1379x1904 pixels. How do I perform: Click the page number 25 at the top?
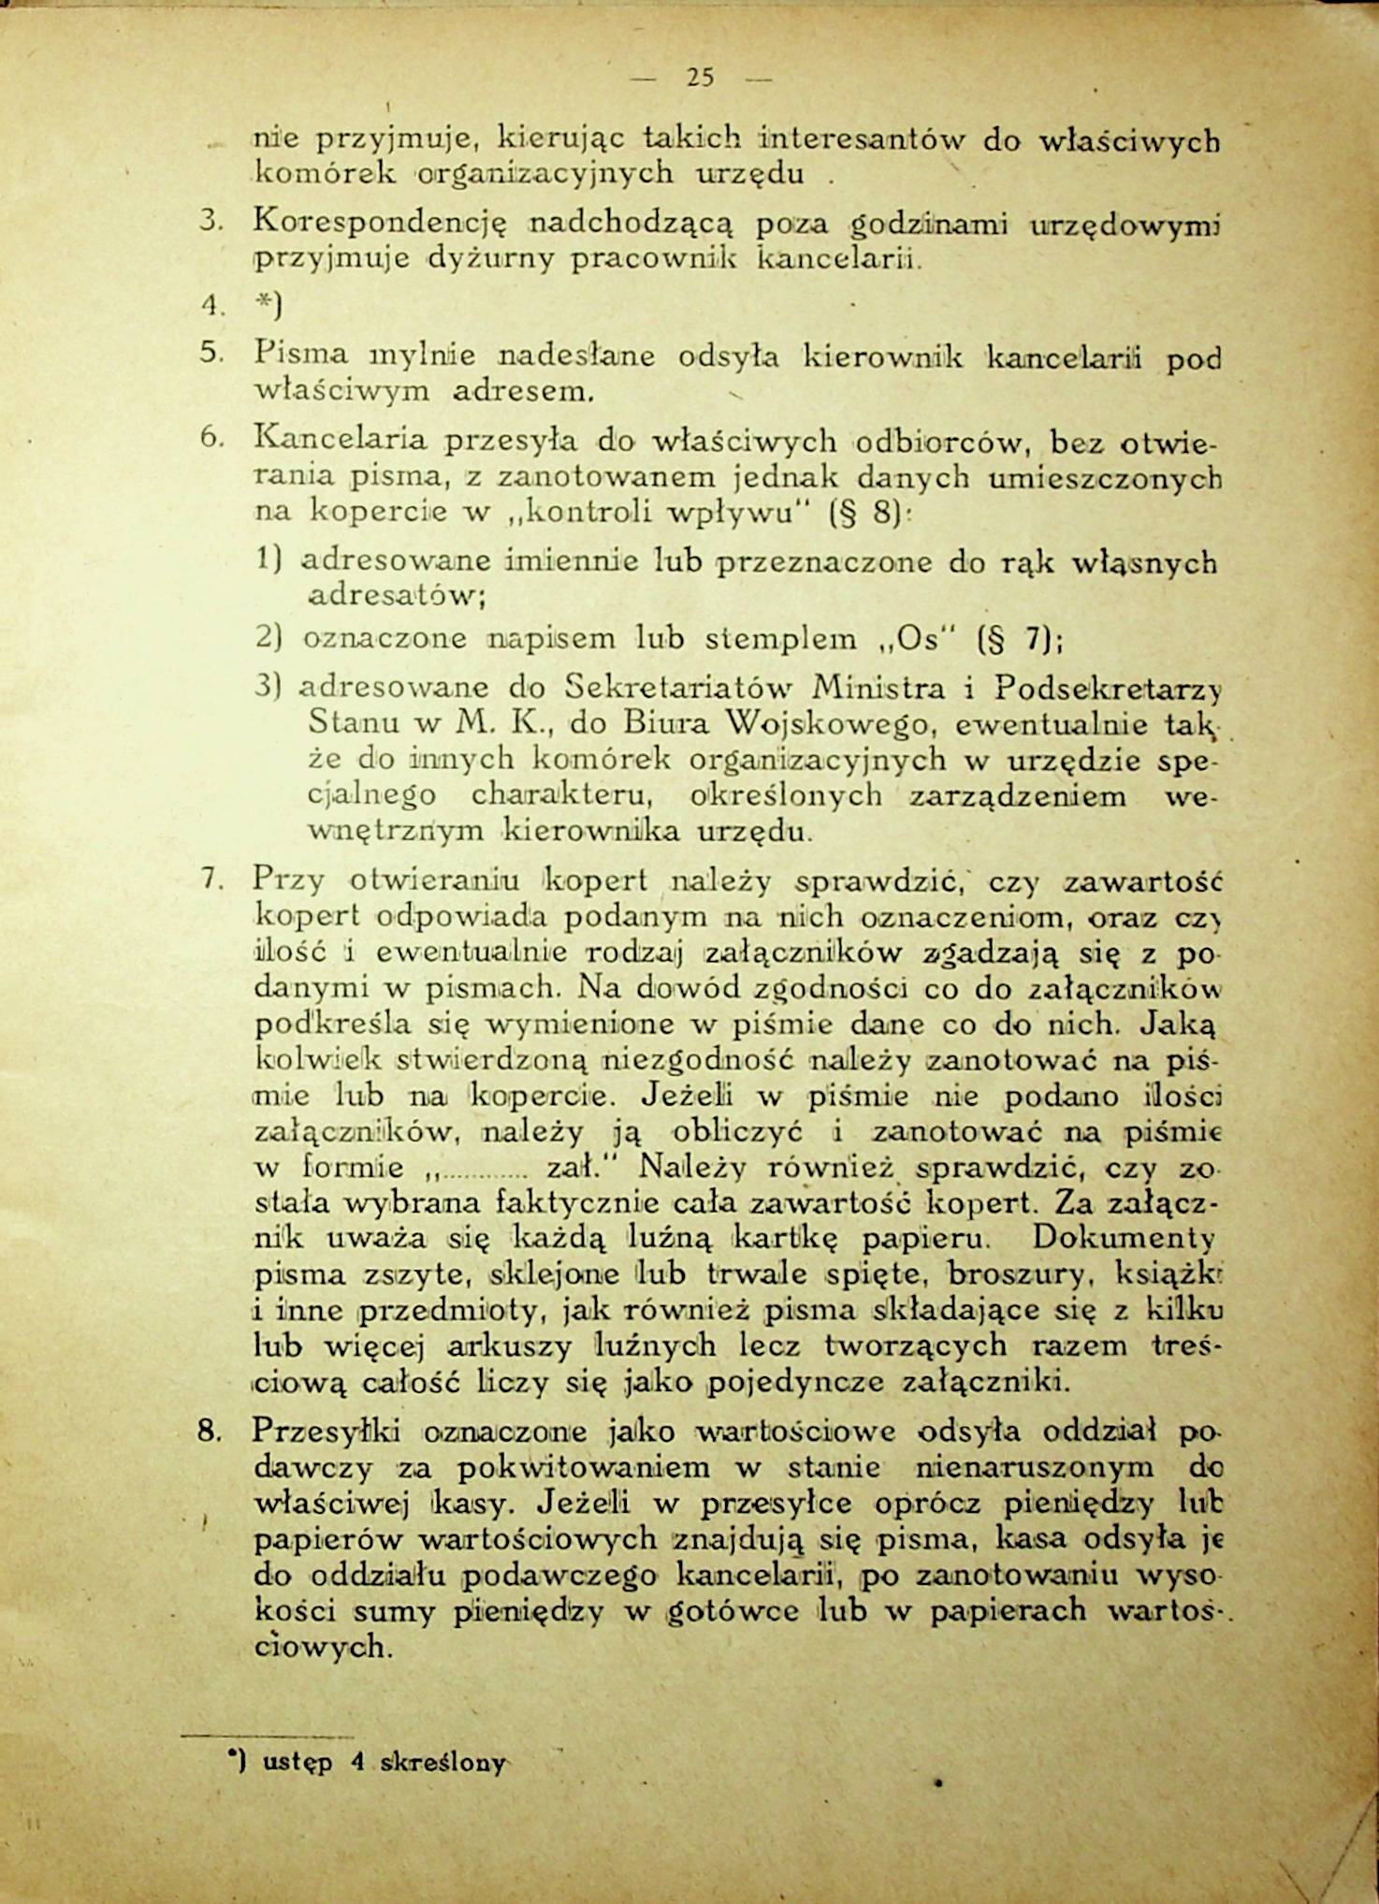point(700,79)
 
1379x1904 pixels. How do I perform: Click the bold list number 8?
point(209,1432)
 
